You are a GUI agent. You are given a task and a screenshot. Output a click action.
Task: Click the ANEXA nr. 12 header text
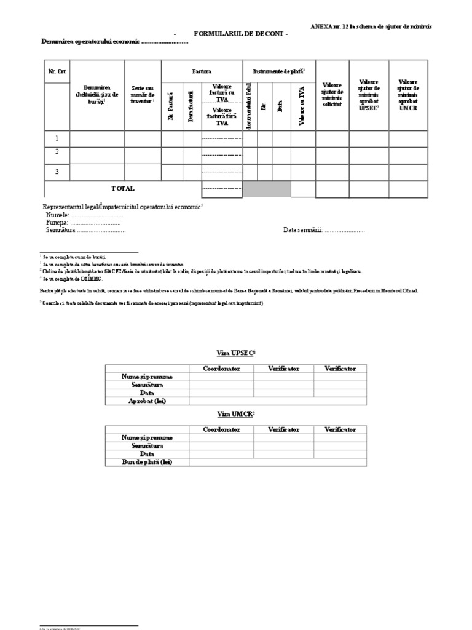pos(371,27)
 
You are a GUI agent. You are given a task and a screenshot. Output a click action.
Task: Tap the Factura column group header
pos(202,72)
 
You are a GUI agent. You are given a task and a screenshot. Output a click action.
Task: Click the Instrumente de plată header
pos(278,72)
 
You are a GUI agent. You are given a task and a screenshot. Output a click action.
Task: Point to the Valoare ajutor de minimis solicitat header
pos(332,95)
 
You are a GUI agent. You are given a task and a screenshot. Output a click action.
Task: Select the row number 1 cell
pos(57,139)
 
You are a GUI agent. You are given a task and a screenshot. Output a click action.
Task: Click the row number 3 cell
pos(57,172)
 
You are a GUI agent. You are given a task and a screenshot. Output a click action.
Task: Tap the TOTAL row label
pos(122,189)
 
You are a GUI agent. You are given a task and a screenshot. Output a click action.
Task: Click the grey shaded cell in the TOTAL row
pos(267,189)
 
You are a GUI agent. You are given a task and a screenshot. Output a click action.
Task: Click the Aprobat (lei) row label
pos(147,401)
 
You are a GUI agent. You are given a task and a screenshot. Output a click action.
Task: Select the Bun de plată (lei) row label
pos(147,461)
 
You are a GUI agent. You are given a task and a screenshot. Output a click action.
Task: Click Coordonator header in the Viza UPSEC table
pos(221,369)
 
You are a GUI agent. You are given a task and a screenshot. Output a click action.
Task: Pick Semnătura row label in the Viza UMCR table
pos(147,445)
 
